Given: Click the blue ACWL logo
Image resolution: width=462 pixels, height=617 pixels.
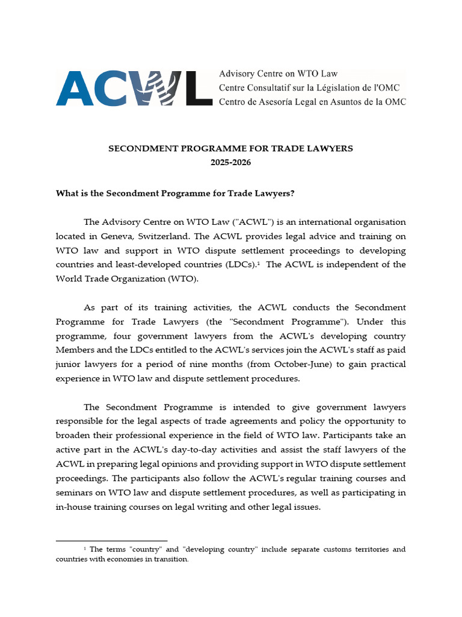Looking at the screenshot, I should click(134, 87).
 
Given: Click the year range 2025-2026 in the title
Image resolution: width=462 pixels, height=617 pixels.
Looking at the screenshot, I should click(230, 163).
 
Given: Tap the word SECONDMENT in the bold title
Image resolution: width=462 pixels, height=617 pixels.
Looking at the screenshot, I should click(138, 148).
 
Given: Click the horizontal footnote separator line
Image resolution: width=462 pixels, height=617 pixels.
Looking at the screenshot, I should click(111, 540).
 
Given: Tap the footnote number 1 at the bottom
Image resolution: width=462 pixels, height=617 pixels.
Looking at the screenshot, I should click(85, 548).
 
